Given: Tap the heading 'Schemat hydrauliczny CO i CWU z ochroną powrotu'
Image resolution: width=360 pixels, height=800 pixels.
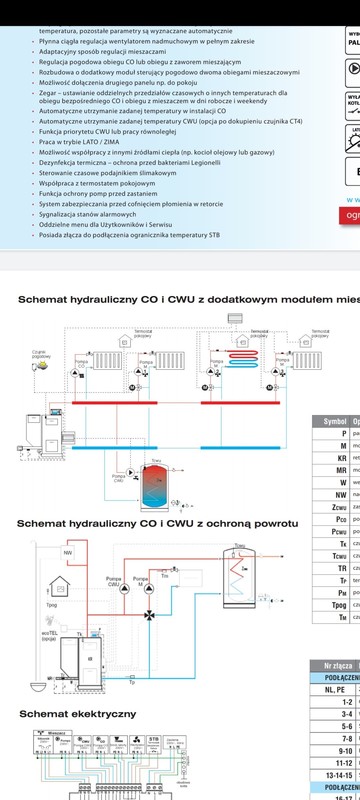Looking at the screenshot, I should coord(156,523).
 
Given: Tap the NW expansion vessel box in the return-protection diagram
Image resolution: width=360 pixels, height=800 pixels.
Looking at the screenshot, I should coord(68,552).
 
